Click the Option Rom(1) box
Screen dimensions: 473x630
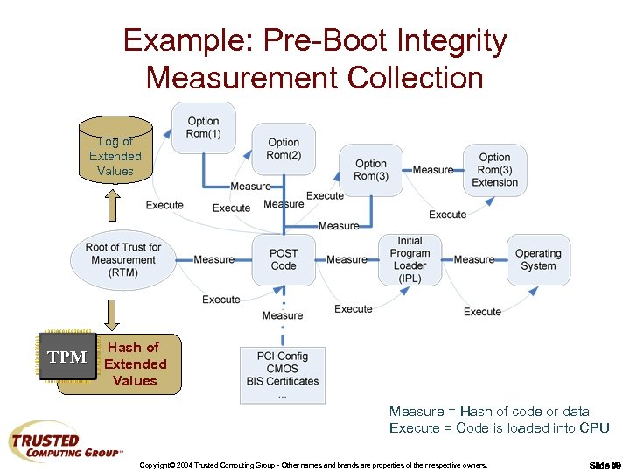tap(203, 127)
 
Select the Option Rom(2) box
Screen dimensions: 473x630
tap(283, 149)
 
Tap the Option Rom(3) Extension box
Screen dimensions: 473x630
tap(494, 169)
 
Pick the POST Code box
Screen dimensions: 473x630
tap(283, 259)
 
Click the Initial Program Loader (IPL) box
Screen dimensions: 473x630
tap(409, 259)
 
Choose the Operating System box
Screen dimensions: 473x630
tap(538, 259)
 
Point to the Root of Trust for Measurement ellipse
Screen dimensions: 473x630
tap(123, 259)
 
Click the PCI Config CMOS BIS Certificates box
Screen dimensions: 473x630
tap(282, 375)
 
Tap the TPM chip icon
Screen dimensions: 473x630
tap(67, 357)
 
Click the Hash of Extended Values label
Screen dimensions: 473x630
tap(134, 364)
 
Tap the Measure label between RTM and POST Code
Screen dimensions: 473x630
tap(213, 259)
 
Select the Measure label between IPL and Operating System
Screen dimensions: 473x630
tap(474, 259)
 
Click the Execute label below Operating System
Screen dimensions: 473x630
tap(482, 312)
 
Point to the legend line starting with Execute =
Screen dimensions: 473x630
tap(499, 427)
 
